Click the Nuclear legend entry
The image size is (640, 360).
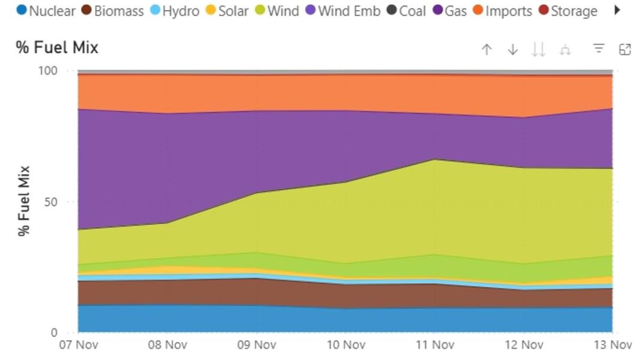coord(46,11)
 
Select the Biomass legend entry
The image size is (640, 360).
coord(112,11)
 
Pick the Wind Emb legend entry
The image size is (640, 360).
coord(342,11)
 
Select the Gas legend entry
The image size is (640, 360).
coord(449,11)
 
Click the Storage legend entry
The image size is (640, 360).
coord(567,11)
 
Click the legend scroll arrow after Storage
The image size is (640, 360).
coord(618,11)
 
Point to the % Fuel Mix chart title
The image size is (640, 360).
coord(58,48)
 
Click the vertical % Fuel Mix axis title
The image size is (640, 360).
coord(24,201)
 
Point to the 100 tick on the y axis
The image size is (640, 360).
coord(47,71)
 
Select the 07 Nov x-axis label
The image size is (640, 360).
coord(79,344)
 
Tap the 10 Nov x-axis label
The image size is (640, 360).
coord(346,344)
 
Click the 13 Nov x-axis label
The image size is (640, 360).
coord(612,344)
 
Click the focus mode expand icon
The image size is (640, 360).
coord(625,50)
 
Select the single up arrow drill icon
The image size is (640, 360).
coord(487,50)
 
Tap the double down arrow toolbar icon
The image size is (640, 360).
coord(539,50)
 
